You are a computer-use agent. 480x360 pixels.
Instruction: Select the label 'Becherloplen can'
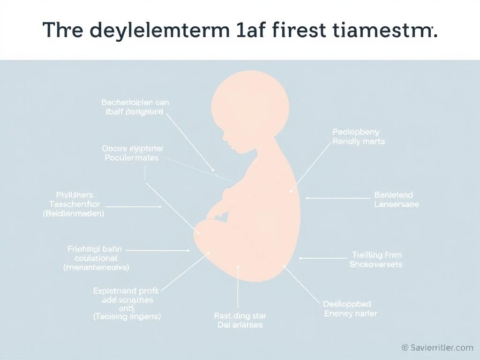point(135,102)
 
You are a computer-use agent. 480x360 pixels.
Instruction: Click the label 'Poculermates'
point(132,158)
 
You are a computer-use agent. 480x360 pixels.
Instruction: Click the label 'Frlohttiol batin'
point(95,249)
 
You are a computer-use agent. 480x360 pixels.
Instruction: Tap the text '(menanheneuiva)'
point(97,268)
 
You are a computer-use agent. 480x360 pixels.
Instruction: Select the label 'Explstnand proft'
point(126,291)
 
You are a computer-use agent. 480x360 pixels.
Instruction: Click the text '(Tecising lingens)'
point(127,317)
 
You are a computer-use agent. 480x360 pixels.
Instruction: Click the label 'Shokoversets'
point(376,264)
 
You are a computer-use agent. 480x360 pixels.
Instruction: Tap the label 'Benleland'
point(394,195)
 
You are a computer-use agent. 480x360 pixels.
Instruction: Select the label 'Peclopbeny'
point(356,132)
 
